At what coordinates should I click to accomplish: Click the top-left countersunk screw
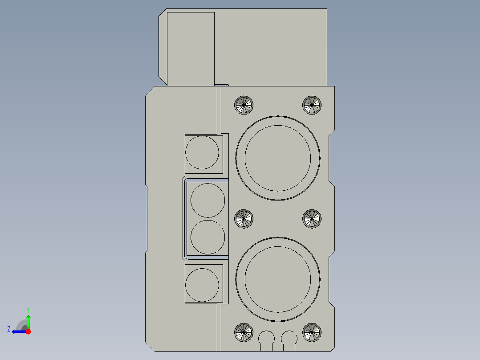pyautogui.click(x=244, y=105)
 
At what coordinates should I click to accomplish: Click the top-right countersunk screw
pyautogui.click(x=312, y=105)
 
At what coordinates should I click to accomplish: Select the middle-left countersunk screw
pyautogui.click(x=244, y=219)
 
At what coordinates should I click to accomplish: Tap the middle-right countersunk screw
pyautogui.click(x=312, y=219)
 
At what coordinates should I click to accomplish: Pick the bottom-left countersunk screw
pyautogui.click(x=244, y=332)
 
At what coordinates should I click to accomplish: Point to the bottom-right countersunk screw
pyautogui.click(x=312, y=332)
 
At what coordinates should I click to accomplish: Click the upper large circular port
pyautogui.click(x=278, y=158)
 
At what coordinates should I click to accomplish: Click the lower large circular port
pyautogui.click(x=278, y=279)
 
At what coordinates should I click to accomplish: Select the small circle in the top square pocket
pyautogui.click(x=202, y=153)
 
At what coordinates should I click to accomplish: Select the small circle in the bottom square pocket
pyautogui.click(x=202, y=285)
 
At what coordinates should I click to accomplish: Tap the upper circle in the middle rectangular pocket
pyautogui.click(x=207, y=200)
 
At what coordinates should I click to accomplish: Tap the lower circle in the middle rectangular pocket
pyautogui.click(x=207, y=237)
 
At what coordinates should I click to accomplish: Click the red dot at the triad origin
pyautogui.click(x=28, y=331)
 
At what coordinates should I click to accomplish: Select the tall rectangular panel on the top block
pyautogui.click(x=191, y=48)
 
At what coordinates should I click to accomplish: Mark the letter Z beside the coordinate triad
pyautogui.click(x=9, y=329)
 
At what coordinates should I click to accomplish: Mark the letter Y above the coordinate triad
pyautogui.click(x=28, y=309)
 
